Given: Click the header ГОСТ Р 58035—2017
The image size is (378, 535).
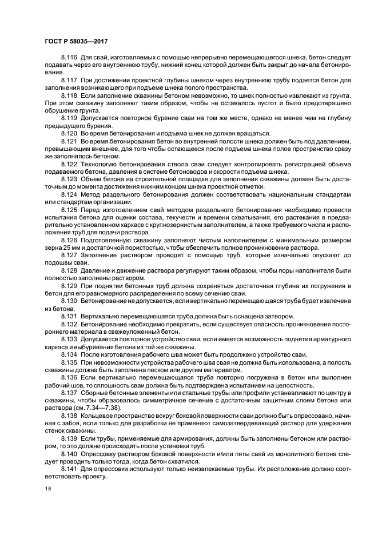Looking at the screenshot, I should point(75,41).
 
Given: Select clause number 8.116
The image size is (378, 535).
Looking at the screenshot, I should point(69,58).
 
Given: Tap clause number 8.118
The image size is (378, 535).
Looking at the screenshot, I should point(69,95).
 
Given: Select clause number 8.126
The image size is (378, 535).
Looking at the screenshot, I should point(69,241).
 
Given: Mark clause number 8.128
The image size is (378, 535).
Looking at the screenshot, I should point(69,269).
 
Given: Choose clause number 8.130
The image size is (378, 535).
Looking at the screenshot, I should point(69,300).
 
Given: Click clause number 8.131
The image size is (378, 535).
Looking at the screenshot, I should point(69,315).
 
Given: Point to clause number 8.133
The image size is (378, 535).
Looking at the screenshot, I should point(69,338).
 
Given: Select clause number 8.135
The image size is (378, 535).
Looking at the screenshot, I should point(69,362).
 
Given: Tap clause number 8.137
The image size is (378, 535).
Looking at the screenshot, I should point(69,393).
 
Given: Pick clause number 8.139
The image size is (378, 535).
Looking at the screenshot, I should point(69,438).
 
